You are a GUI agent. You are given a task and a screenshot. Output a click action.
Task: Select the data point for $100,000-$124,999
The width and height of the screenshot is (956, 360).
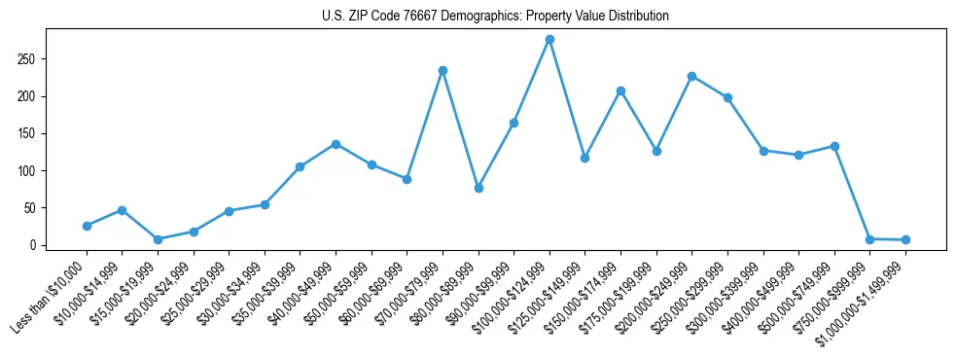[x=549, y=40]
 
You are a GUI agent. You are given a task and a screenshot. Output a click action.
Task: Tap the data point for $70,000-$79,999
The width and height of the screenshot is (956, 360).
[x=443, y=71]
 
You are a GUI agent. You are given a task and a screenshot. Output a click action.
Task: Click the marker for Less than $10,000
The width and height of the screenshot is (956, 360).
[x=87, y=226]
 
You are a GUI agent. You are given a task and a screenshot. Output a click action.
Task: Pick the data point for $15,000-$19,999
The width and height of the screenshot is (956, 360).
[x=158, y=239]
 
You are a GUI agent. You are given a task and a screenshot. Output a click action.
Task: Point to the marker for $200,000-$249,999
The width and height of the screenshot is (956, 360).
[x=691, y=76]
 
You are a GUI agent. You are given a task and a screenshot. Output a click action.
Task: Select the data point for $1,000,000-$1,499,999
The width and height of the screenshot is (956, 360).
[x=905, y=239]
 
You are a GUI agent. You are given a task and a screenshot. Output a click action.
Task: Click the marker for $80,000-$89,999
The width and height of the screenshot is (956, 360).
[x=478, y=188]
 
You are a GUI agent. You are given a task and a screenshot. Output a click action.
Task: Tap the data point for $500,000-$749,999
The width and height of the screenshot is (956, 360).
[x=834, y=146]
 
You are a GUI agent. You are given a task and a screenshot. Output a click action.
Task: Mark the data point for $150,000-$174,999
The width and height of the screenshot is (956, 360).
[x=620, y=90]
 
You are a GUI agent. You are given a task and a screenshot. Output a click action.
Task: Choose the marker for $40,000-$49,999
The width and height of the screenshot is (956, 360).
[x=336, y=144]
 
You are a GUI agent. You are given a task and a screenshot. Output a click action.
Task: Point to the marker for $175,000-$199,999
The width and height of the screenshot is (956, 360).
[x=656, y=152]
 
